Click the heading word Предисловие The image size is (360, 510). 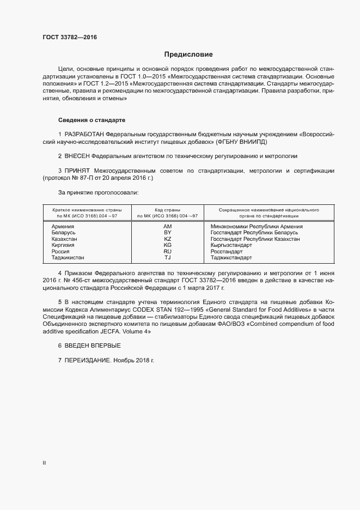(188, 54)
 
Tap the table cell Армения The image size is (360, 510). (63, 226)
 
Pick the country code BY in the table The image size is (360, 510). (167, 233)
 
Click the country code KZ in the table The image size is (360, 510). (167, 239)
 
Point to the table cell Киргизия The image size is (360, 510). (63, 246)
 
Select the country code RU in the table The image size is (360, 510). (167, 252)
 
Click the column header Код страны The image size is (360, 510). (167, 210)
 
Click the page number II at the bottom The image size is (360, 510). (44, 463)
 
